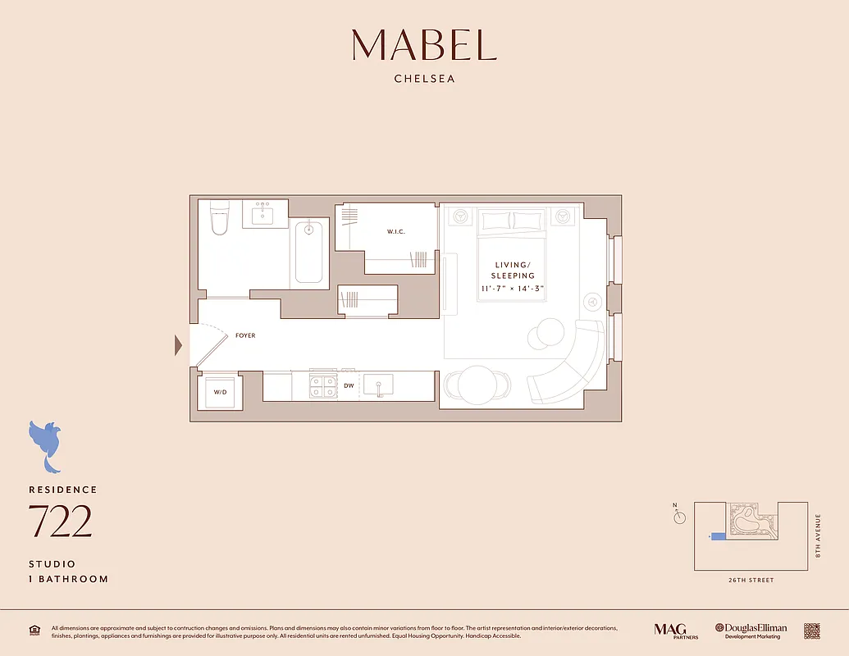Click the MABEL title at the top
(424, 45)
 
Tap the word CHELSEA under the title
(424, 80)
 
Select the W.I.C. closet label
(396, 232)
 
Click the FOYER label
(245, 335)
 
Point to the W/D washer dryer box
(221, 392)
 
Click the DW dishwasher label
(349, 385)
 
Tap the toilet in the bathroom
(219, 219)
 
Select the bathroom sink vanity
(264, 215)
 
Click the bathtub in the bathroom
(309, 252)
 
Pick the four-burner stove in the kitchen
(322, 385)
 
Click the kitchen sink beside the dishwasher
(378, 385)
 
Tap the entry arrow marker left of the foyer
(178, 345)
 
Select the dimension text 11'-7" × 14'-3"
(513, 289)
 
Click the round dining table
(477, 384)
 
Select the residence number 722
(60, 522)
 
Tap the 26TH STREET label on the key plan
(750, 581)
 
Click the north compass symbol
(679, 517)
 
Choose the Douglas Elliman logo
(751, 630)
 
